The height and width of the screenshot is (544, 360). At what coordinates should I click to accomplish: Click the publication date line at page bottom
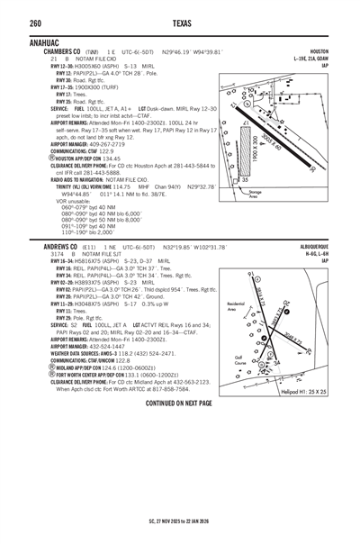(x=180, y=536)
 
